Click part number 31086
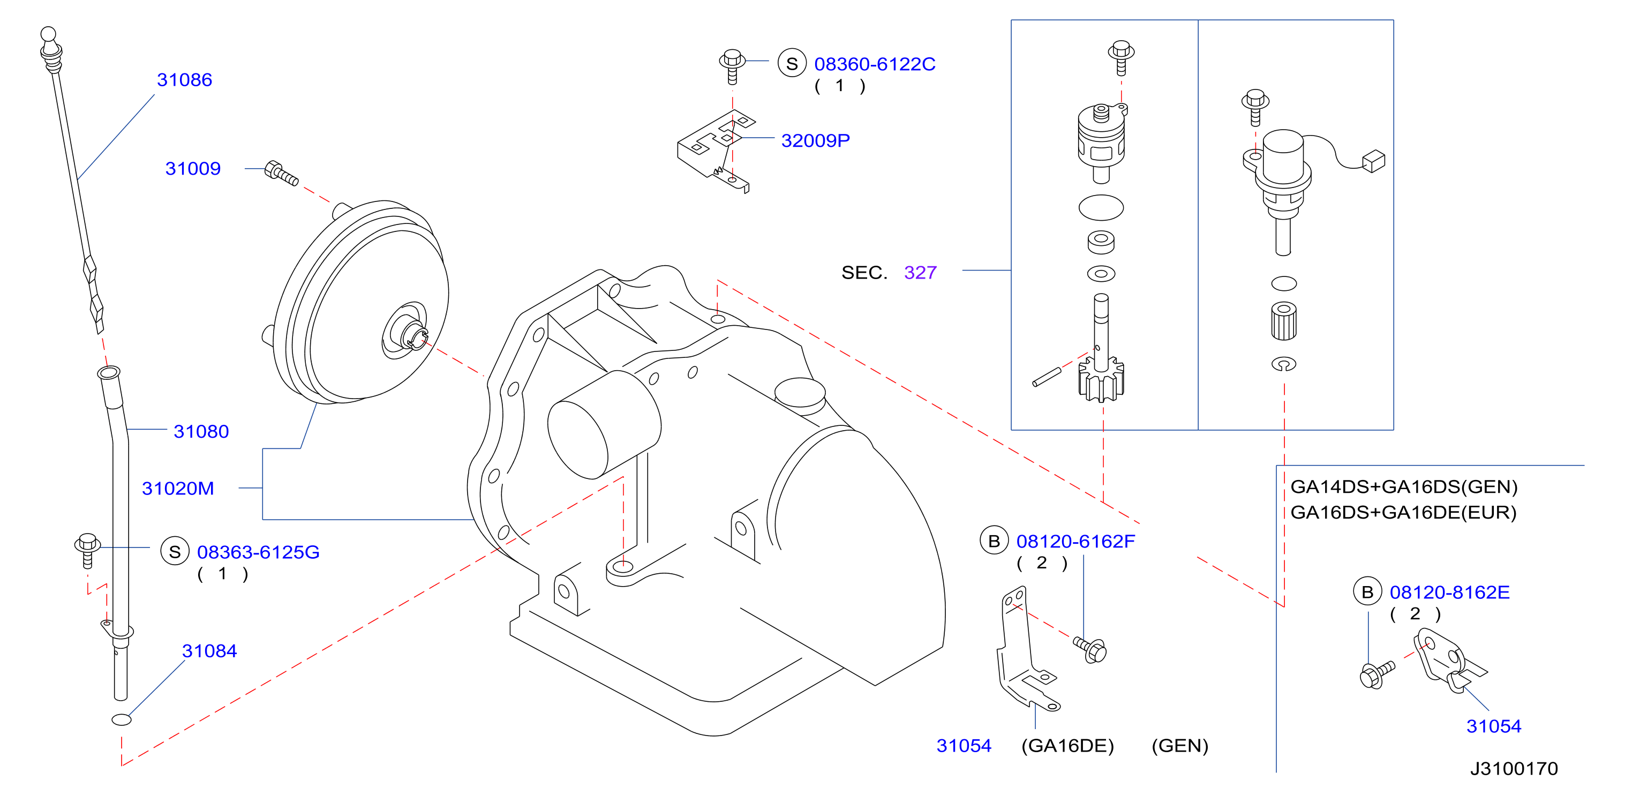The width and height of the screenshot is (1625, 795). [184, 80]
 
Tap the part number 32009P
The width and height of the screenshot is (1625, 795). [815, 141]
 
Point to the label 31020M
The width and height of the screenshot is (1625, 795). [178, 489]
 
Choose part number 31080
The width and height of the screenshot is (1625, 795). [201, 432]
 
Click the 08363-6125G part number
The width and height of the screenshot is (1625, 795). [258, 552]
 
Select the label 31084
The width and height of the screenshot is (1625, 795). [209, 651]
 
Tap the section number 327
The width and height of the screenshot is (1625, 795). [920, 273]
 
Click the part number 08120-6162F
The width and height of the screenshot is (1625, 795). [1075, 542]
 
